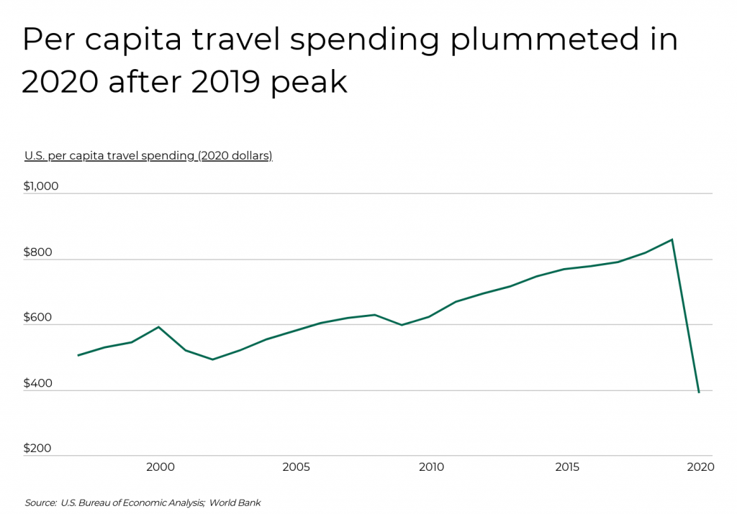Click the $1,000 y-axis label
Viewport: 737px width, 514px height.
pos(41,186)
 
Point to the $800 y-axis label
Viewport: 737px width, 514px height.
pos(38,252)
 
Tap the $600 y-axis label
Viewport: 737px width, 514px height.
pos(38,318)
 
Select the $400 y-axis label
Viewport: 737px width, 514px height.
pos(38,383)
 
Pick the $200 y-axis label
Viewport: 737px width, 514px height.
pos(38,449)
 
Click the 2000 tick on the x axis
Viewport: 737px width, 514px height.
pos(160,467)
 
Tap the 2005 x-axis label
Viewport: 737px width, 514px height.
pos(296,467)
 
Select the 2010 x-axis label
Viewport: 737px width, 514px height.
pos(431,467)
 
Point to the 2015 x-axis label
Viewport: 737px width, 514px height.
pos(566,467)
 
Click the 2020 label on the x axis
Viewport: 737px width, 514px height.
pos(700,467)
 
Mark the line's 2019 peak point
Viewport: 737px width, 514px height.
pos(672,239)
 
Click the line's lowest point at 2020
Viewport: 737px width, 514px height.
pos(699,392)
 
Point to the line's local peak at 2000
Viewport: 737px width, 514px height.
pos(158,327)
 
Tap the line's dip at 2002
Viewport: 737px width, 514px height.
pos(212,359)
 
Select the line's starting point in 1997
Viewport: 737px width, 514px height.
pos(78,355)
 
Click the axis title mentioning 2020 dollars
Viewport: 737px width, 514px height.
pos(148,155)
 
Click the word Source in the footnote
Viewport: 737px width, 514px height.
pos(40,502)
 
